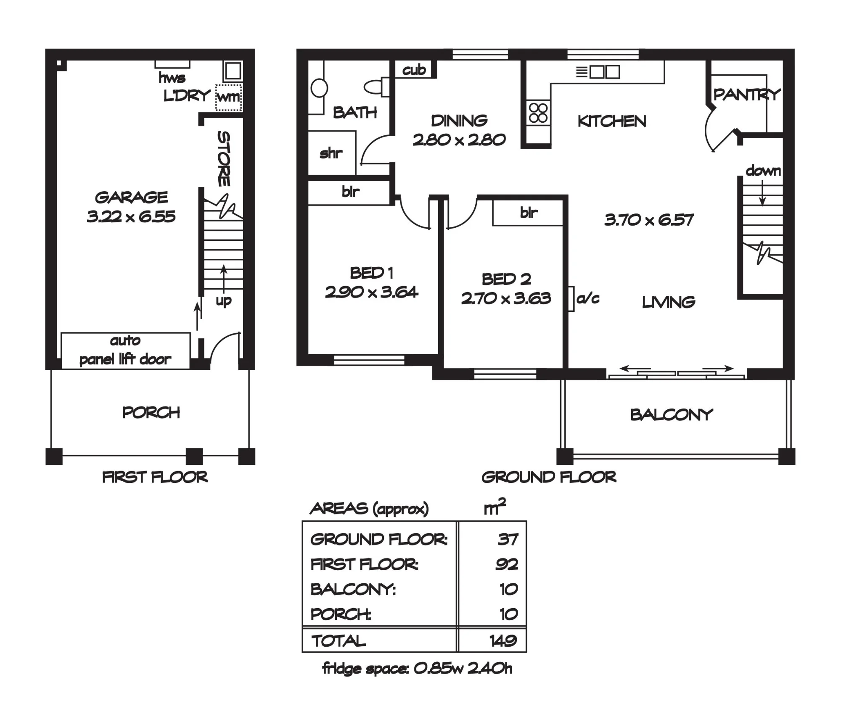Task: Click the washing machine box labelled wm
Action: pyautogui.click(x=229, y=97)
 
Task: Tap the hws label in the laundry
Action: pyautogui.click(x=172, y=78)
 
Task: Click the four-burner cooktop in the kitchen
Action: pyautogui.click(x=538, y=113)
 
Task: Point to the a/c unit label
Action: pyautogui.click(x=588, y=298)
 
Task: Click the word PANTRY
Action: pyautogui.click(x=747, y=95)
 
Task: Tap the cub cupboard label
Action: pyautogui.click(x=414, y=70)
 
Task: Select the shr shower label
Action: pyautogui.click(x=331, y=153)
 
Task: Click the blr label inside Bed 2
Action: pyautogui.click(x=529, y=213)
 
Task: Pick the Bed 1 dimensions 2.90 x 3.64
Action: pyautogui.click(x=371, y=292)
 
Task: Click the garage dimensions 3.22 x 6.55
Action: pyautogui.click(x=131, y=216)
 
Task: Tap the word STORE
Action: pyautogui.click(x=224, y=158)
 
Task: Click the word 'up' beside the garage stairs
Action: pyautogui.click(x=223, y=301)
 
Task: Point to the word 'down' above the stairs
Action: pyautogui.click(x=763, y=171)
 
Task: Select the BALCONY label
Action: pyautogui.click(x=672, y=415)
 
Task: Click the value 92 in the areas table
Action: pyautogui.click(x=507, y=564)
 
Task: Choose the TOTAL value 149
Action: pyautogui.click(x=503, y=640)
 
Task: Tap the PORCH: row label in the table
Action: pyautogui.click(x=341, y=614)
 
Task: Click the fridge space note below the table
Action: pyautogui.click(x=417, y=668)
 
